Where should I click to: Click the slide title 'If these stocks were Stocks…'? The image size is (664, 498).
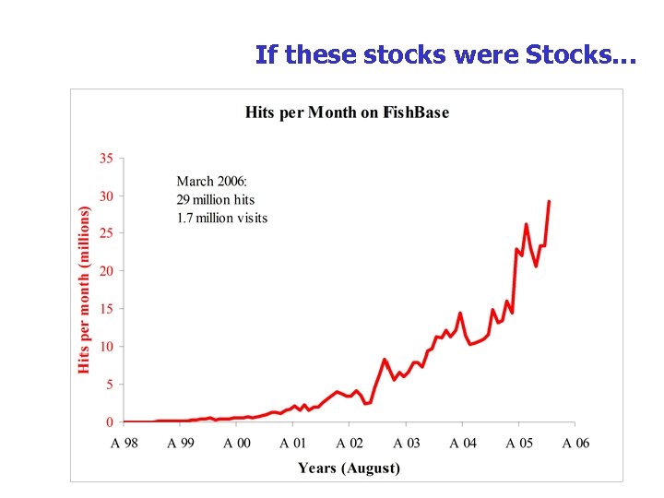pos(445,54)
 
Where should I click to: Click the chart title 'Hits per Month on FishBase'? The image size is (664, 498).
pos(347,113)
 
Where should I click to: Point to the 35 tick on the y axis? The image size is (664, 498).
pos(106,159)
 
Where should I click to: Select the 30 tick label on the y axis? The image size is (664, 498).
pos(106,196)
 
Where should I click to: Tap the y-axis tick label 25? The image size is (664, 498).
pos(106,233)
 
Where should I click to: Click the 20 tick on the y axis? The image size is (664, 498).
pos(106,271)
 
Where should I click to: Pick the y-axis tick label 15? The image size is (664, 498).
pos(106,309)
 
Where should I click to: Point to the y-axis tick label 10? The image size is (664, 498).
pos(106,347)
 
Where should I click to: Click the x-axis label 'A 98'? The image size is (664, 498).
pos(125,444)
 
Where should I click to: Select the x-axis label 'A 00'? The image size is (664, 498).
pos(237,444)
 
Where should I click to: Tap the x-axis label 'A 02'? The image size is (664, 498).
pos(350,444)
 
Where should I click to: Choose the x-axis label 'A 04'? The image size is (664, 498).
pos(463,444)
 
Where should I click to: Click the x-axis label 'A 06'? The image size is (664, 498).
pos(575,444)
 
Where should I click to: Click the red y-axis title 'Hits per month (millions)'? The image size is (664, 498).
pos(85,290)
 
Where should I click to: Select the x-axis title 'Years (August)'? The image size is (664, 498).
pos(349,468)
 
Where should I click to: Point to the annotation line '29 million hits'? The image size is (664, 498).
pos(216,199)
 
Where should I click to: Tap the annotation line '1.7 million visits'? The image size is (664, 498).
pos(222,218)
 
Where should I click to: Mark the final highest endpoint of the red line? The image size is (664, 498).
pos(549,201)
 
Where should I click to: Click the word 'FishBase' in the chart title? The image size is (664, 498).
pos(416,113)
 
